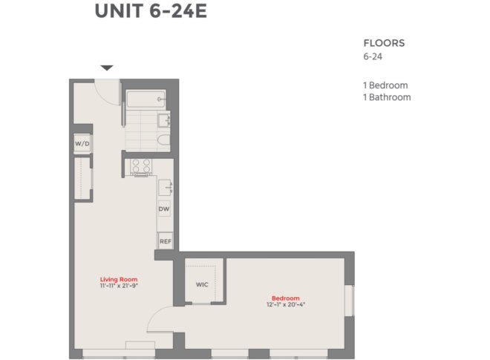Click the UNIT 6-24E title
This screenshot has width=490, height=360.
tap(151, 11)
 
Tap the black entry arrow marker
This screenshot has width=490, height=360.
tap(107, 68)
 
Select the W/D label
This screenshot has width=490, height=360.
tap(82, 144)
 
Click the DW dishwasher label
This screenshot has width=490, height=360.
tap(164, 209)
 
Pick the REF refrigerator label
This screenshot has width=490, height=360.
tap(166, 241)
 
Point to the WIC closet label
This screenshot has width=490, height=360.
tap(202, 284)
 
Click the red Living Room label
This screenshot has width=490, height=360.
tap(119, 279)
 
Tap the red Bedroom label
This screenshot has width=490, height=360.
tap(286, 298)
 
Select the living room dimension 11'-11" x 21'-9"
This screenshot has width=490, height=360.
tap(119, 286)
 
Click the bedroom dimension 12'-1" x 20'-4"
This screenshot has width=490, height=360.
tap(286, 304)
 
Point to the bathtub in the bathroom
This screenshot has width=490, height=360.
tap(146, 99)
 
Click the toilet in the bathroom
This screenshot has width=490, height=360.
tap(164, 140)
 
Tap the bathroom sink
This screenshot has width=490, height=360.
tap(164, 120)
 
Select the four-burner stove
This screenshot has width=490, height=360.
tap(141, 166)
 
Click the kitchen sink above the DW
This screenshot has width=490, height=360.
tap(165, 188)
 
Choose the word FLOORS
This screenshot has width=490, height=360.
tap(384, 43)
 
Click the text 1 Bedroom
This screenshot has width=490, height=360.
tap(385, 85)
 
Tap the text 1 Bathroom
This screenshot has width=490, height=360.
tap(387, 97)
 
